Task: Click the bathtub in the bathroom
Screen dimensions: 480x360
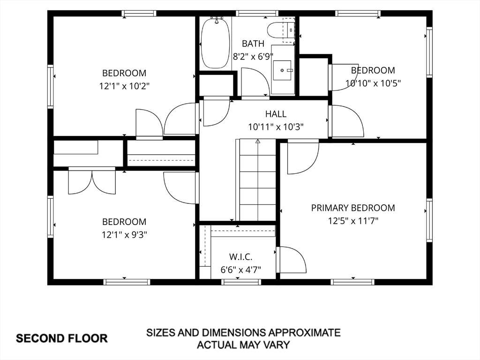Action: [x=216, y=43]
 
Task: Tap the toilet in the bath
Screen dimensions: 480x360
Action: [x=281, y=30]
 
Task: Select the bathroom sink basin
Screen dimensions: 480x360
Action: [x=282, y=70]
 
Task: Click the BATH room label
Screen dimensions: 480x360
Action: [x=253, y=44]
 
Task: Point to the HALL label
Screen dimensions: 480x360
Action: [x=276, y=114]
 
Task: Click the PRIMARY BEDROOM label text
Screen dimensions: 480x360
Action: [x=353, y=208]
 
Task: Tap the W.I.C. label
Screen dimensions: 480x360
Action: [x=240, y=256]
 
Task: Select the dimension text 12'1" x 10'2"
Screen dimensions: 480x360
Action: [x=124, y=86]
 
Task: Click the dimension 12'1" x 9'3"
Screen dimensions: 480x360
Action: [x=124, y=234]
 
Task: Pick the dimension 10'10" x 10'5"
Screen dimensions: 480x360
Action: [x=373, y=83]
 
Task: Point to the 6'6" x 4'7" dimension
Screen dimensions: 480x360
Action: [x=240, y=270]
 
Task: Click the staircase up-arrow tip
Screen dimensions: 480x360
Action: [x=258, y=140]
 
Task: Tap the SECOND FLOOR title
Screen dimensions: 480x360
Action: [x=61, y=338]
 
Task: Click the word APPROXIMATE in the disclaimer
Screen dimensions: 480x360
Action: [x=304, y=332]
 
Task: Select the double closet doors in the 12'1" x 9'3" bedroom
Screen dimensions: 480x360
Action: [x=92, y=181]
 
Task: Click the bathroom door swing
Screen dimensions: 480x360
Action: [x=255, y=82]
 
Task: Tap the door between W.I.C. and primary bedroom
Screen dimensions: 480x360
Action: [x=291, y=260]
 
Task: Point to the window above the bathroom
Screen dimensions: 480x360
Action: [x=257, y=14]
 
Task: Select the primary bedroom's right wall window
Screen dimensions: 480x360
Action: [x=429, y=220]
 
